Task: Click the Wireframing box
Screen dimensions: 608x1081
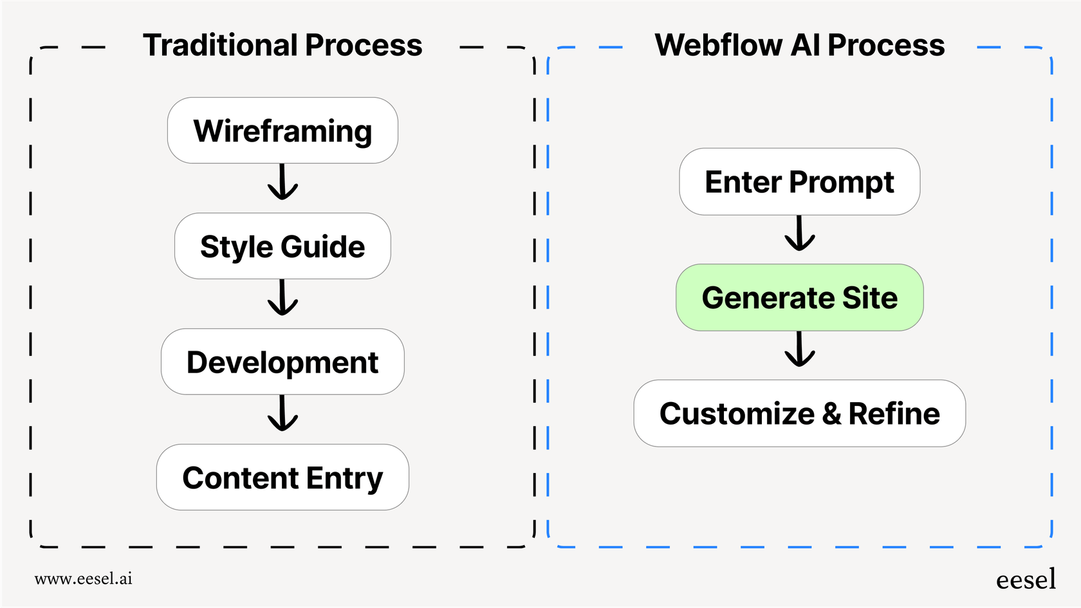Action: (282, 131)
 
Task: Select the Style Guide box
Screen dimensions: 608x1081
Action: (282, 246)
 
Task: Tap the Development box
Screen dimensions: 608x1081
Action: (282, 362)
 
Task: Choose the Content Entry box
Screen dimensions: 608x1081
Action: (282, 477)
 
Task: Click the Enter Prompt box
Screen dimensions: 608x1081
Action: (799, 181)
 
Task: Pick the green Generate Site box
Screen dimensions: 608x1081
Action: (799, 297)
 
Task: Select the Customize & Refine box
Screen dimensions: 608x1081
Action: (799, 413)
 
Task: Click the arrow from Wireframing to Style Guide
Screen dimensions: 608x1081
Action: (282, 183)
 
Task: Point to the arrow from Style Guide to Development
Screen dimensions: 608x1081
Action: (282, 298)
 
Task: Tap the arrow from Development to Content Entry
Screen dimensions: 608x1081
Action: (282, 414)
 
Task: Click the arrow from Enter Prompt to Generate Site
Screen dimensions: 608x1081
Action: (800, 234)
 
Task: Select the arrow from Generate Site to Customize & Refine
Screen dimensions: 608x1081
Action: (800, 349)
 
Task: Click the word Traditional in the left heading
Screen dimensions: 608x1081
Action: (221, 46)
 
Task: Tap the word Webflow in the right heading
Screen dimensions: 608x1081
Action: (719, 46)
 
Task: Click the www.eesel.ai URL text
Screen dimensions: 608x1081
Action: (84, 578)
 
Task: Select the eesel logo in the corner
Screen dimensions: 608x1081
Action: (1026, 580)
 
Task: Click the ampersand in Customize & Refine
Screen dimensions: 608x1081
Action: (831, 414)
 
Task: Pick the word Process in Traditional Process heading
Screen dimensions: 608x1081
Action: (364, 46)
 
